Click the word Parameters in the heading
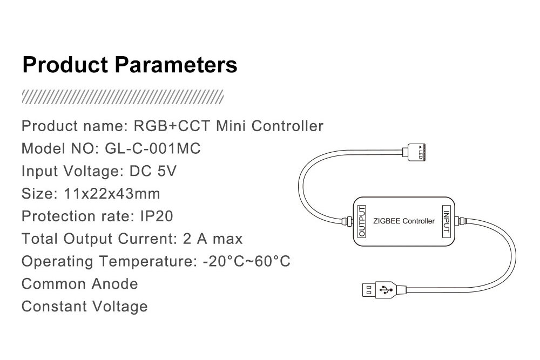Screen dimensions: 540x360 (176, 65)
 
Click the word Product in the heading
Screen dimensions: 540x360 (65, 65)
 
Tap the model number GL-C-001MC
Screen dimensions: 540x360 (153, 148)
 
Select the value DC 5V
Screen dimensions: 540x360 (153, 171)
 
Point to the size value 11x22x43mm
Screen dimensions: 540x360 (112, 194)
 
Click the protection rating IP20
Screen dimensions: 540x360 (157, 216)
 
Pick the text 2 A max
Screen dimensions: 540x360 (212, 239)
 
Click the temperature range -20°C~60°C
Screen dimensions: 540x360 (247, 261)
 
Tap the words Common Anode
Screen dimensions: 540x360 (79, 284)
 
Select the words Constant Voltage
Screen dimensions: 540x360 (85, 307)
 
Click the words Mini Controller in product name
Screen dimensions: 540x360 (269, 126)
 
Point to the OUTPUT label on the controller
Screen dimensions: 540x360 (362, 221)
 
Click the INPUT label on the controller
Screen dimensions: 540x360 (447, 221)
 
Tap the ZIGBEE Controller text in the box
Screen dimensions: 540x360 (403, 221)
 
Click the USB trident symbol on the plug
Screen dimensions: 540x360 (386, 290)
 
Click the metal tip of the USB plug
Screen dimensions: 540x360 (368, 290)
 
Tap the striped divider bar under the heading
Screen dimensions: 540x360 (123, 97)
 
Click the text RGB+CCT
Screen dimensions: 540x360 (172, 126)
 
